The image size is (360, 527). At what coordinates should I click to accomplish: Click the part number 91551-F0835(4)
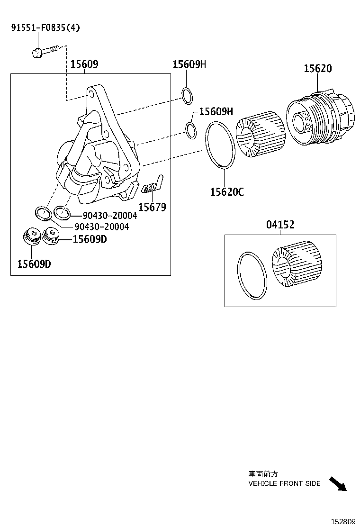(x=45, y=27)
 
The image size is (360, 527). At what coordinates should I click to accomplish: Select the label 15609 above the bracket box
(x=84, y=64)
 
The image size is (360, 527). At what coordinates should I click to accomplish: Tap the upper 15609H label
(x=189, y=64)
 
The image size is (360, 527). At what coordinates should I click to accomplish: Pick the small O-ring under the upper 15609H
(x=187, y=96)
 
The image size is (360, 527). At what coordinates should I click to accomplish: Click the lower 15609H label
(x=216, y=111)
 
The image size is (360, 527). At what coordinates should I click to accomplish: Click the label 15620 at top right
(x=317, y=68)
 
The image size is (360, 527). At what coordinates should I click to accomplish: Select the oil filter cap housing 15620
(x=320, y=118)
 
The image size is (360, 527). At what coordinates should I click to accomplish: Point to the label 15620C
(x=227, y=192)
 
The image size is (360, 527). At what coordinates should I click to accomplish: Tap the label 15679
(x=152, y=207)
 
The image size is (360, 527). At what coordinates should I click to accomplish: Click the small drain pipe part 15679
(x=153, y=185)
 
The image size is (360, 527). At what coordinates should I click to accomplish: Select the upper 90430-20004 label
(x=106, y=216)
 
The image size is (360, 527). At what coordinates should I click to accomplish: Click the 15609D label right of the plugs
(x=90, y=239)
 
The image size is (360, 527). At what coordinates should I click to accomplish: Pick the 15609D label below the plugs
(x=34, y=264)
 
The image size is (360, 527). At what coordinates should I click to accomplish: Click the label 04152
(x=280, y=225)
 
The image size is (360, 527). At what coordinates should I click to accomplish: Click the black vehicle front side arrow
(x=338, y=484)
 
